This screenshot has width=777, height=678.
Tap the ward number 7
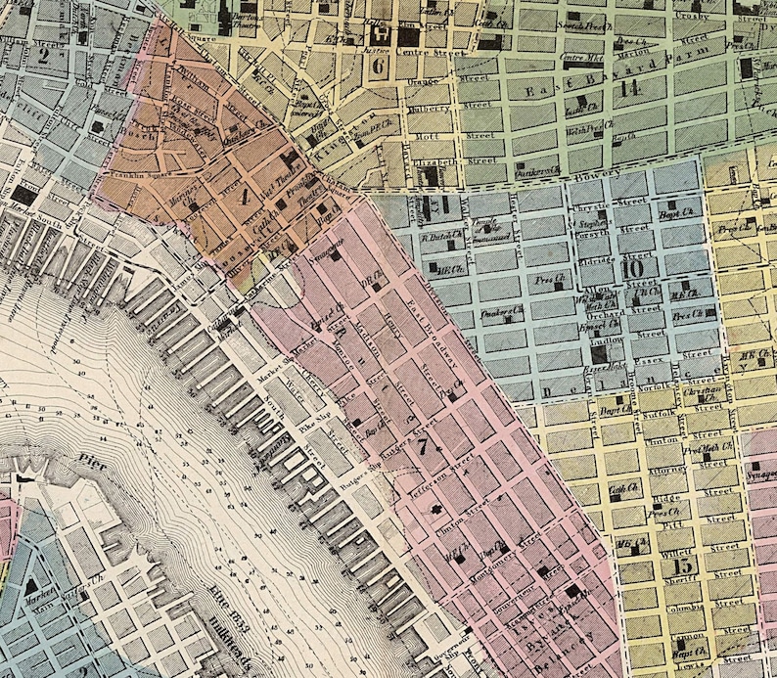tap(423, 446)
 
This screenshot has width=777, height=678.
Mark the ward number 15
tap(683, 565)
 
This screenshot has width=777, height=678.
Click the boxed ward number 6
tap(380, 67)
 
